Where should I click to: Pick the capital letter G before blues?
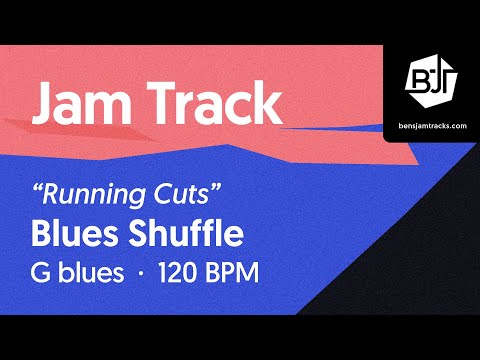click(44, 273)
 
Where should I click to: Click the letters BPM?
click(234, 273)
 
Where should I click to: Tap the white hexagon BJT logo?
click(431, 77)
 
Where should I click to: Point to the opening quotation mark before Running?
click(39, 184)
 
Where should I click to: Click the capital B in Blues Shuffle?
click(43, 234)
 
